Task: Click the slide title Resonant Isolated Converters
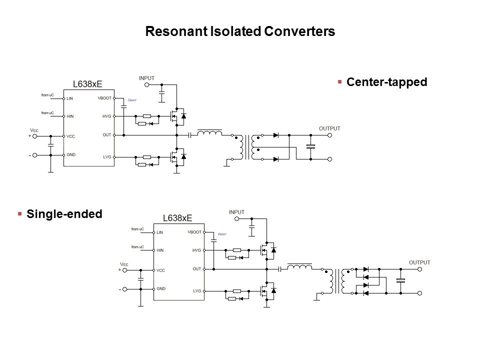(239, 31)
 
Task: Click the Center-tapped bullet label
(386, 82)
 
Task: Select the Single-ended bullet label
(64, 214)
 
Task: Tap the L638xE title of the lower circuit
(177, 218)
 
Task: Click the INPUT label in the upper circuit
(146, 78)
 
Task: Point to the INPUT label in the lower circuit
(236, 212)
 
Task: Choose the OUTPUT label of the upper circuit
(329, 128)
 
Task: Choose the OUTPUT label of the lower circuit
(419, 262)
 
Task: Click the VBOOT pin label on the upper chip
(104, 98)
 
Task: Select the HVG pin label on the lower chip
(196, 250)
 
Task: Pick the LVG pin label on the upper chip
(107, 157)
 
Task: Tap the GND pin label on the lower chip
(161, 288)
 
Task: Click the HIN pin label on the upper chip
(70, 116)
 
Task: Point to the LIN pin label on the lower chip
(159, 232)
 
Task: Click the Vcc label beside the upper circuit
(34, 130)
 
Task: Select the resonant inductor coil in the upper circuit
(210, 133)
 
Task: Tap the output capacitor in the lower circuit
(400, 280)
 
